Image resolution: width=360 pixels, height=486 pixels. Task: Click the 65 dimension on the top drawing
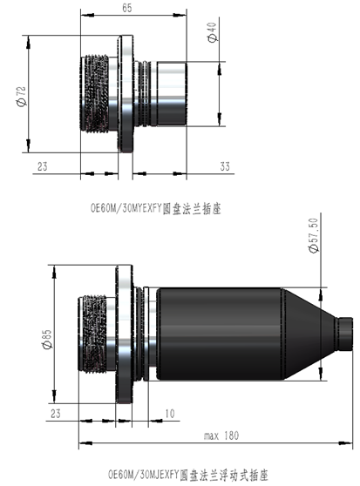tap(127, 8)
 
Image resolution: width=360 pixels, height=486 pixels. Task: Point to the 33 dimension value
tap(225, 165)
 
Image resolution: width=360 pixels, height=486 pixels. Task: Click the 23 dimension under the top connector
tap(42, 165)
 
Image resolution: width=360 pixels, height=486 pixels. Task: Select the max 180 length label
tap(222, 435)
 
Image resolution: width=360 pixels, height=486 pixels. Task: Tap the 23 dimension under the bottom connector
tap(56, 412)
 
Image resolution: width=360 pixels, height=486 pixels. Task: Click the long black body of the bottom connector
tap(218, 334)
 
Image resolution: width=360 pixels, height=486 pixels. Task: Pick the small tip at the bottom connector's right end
tap(346, 334)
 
